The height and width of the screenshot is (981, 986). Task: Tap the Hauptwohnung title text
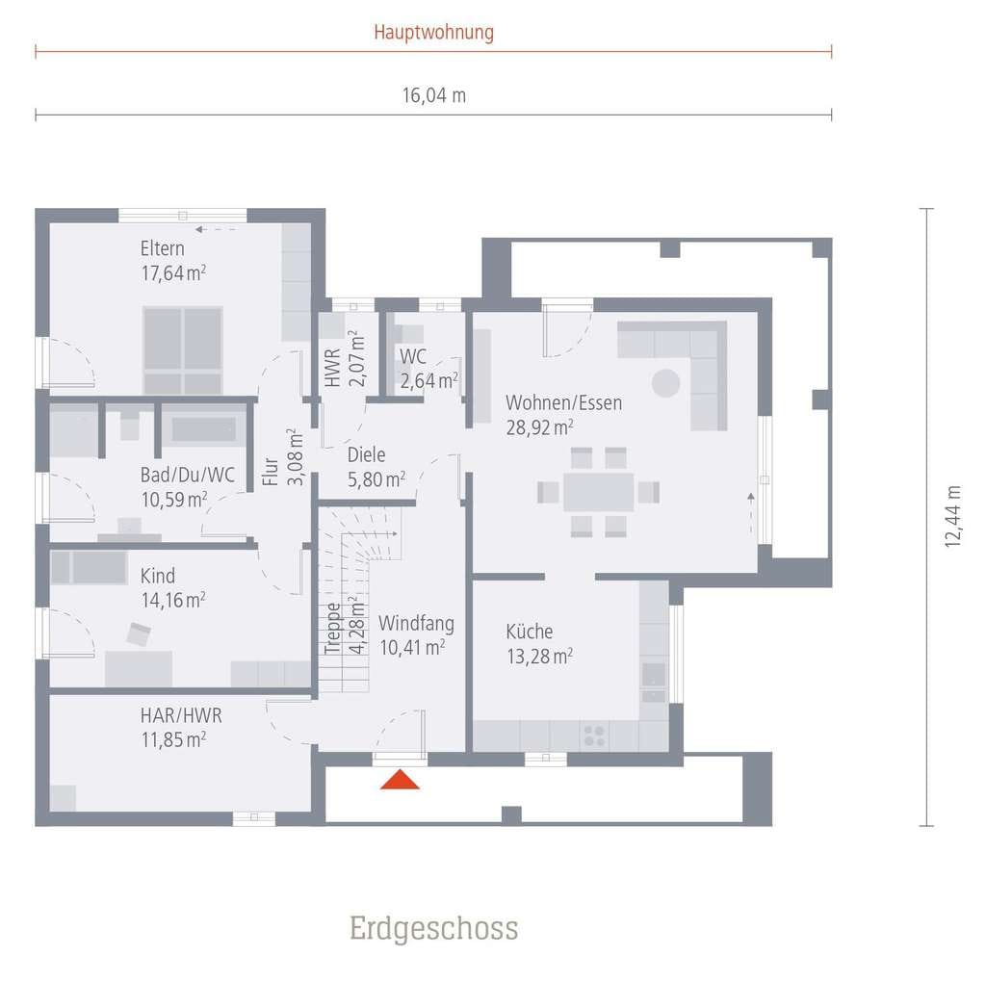[x=434, y=32]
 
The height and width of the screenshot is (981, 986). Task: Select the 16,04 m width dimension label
[x=434, y=95]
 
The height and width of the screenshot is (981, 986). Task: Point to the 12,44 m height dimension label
[x=952, y=516]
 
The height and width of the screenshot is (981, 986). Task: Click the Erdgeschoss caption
[x=434, y=928]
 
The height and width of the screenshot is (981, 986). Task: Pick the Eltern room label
[x=162, y=248]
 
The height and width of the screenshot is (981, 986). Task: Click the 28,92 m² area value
[x=539, y=427]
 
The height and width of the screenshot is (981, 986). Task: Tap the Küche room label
[x=530, y=631]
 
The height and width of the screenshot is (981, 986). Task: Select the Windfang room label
[x=416, y=623]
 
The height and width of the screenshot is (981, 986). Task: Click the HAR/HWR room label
[x=181, y=715]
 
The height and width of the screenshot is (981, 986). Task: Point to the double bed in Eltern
[x=183, y=350]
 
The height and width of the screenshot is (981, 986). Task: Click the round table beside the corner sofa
[x=665, y=383]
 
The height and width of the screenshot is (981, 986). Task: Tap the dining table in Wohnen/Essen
[x=598, y=492]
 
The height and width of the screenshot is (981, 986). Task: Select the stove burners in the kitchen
[x=594, y=736]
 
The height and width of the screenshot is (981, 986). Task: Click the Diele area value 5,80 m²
[x=376, y=479]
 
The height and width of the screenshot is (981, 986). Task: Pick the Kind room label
[x=158, y=576]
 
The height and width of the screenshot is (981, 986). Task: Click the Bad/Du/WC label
[x=188, y=475]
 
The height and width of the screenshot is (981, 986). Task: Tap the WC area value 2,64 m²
[x=428, y=380]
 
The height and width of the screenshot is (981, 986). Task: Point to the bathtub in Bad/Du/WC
[x=204, y=428]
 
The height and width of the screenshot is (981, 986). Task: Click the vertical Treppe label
[x=332, y=629]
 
